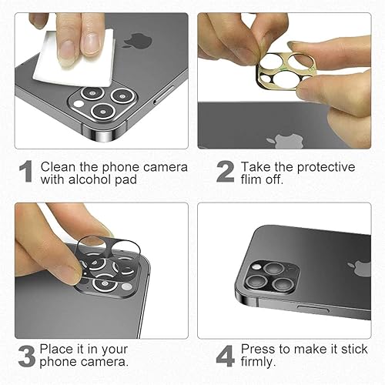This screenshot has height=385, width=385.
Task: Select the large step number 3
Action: [x=25, y=356]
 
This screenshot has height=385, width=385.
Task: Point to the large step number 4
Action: [x=225, y=356]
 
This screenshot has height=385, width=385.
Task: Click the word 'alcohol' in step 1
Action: [x=91, y=179]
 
